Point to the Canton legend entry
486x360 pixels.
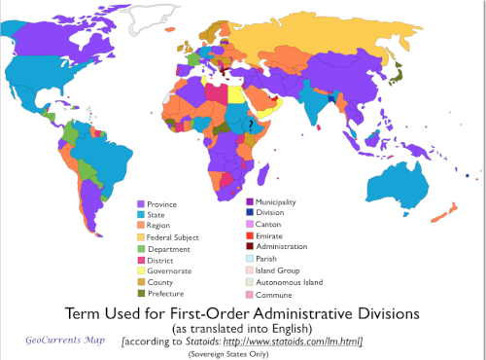tap(267, 225)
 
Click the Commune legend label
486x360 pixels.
tap(271, 294)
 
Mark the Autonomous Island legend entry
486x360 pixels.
tap(287, 282)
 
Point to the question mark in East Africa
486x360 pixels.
tap(251, 125)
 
